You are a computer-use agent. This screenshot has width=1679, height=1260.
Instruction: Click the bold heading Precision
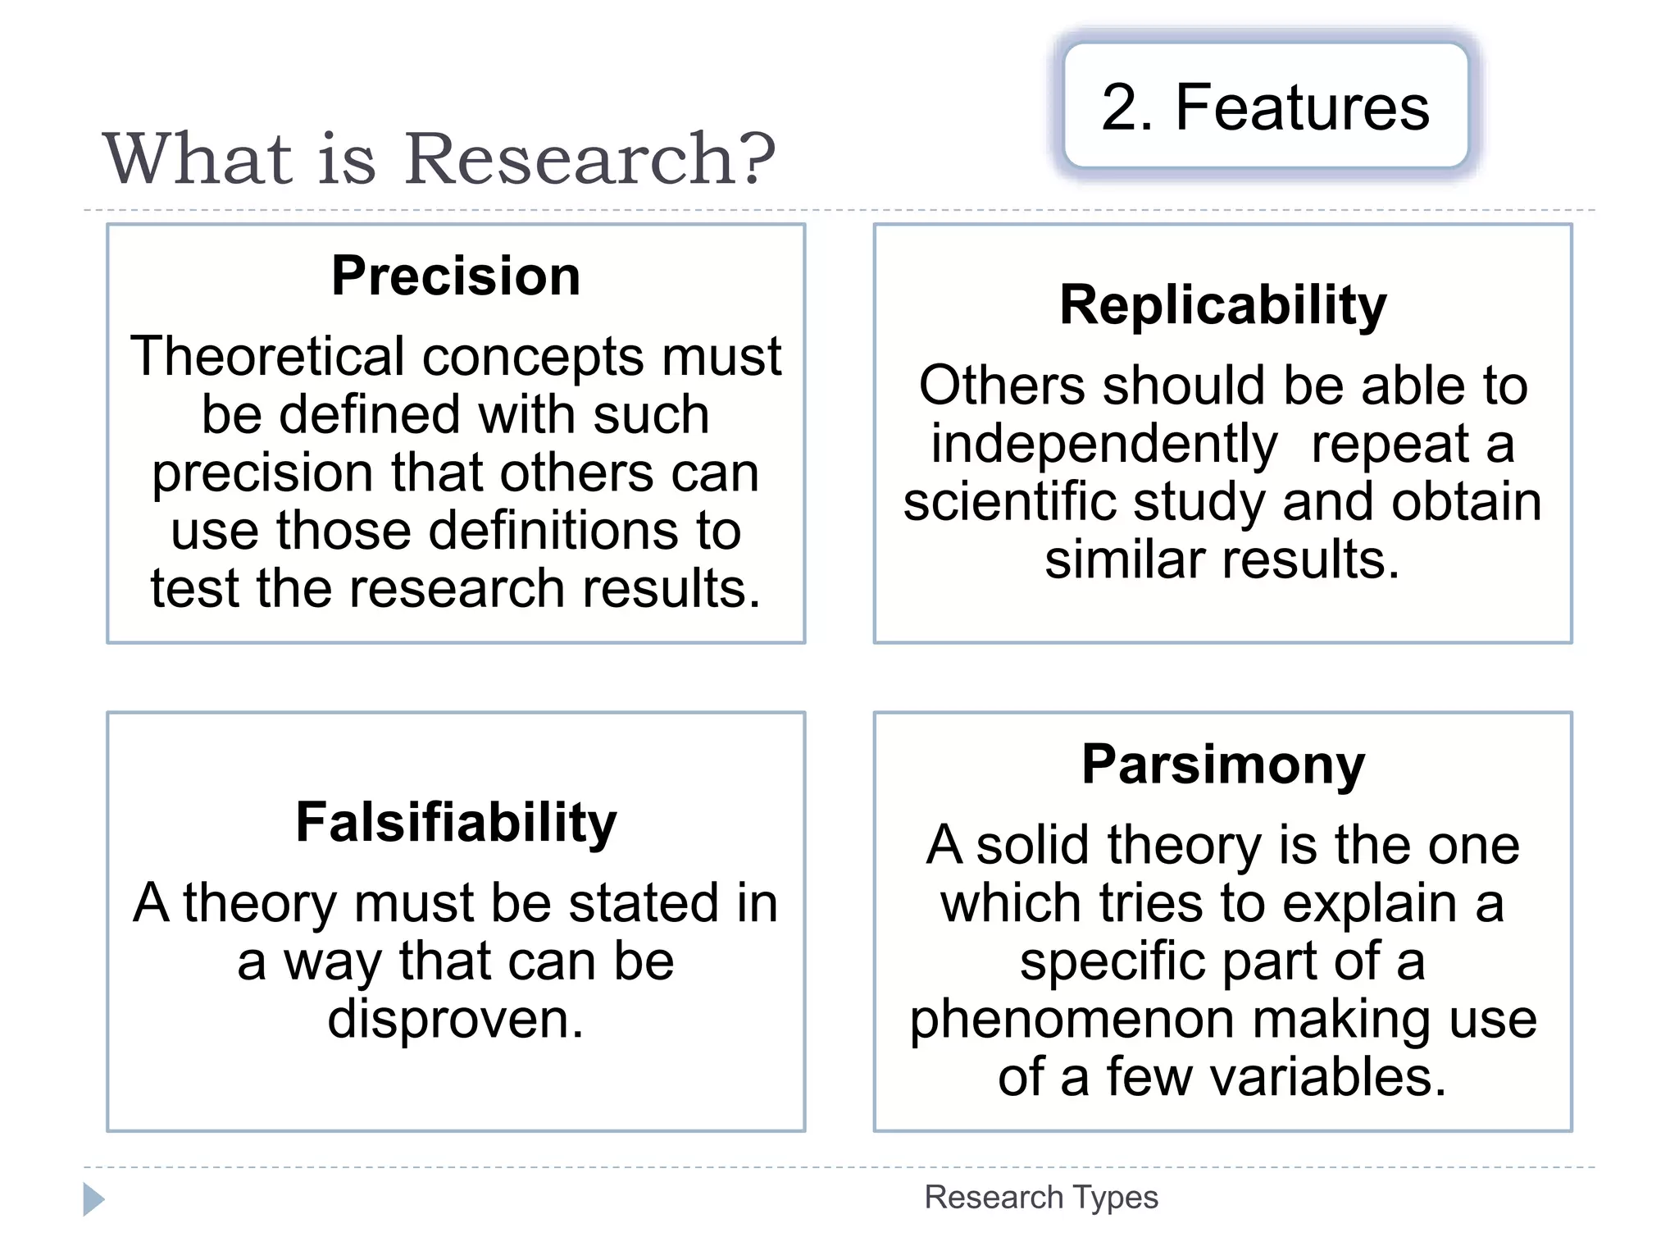click(456, 276)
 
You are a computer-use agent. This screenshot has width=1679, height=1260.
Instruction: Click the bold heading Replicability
click(1222, 305)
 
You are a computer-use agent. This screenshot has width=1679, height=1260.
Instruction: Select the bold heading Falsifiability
click(456, 822)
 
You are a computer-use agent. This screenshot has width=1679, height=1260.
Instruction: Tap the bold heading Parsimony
click(1222, 765)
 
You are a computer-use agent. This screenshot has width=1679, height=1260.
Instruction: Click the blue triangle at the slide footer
click(93, 1199)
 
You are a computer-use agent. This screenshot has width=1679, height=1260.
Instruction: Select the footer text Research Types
click(1041, 1198)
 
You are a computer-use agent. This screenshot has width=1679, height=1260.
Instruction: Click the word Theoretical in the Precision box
click(267, 357)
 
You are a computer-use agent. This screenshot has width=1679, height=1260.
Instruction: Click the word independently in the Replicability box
click(1103, 445)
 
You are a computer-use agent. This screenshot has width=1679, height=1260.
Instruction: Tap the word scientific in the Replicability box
click(1010, 502)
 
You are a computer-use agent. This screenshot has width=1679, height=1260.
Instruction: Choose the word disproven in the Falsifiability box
click(456, 1019)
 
